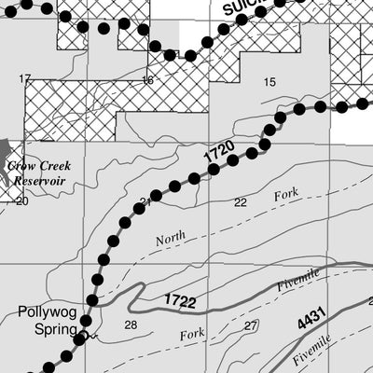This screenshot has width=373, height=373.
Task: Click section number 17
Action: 25,78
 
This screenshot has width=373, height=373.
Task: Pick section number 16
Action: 147,80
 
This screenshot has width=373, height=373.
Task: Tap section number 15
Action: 269,83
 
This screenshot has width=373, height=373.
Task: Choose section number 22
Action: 240,202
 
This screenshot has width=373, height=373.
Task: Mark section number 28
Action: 130,325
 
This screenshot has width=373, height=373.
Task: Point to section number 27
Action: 250,325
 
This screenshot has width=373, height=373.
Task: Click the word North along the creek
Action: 171,239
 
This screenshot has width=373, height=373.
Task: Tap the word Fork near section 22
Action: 284,196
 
